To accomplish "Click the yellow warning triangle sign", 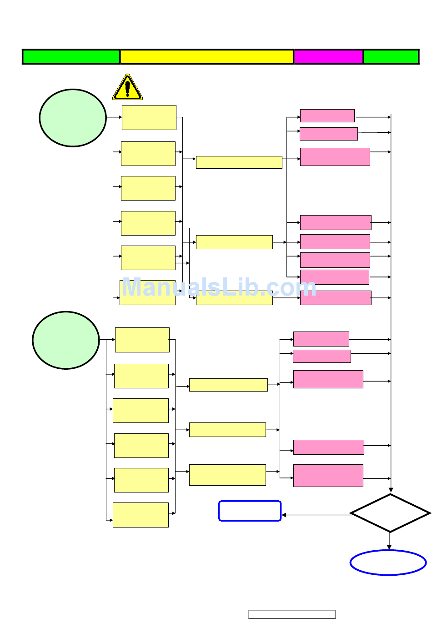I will pos(127,87).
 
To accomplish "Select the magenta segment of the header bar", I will pos(328,57).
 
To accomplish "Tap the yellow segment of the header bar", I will pos(206,57).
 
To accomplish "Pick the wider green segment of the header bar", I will pos(71,57).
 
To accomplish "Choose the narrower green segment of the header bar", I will pos(391,57).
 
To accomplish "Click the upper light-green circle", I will pos(73,118).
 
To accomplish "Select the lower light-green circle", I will pos(66,340).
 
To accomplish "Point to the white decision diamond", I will pos(390,513).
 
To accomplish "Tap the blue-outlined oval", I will pos(388,563).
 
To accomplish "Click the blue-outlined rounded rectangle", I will pos(250,511).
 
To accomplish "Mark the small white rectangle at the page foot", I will pos(291,614).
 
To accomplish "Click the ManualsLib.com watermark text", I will pos(218,287).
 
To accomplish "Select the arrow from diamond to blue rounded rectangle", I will pos(316,515).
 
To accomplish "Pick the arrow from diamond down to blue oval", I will pos(389,541).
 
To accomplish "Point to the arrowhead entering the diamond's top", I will pos(391,490).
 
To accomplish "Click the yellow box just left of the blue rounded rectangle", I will pos(141,515).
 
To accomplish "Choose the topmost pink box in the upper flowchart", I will pos(327,116).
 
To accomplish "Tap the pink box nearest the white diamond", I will pos(328,476).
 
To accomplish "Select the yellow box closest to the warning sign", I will pos(149,118).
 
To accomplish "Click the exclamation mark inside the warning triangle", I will pos(127,88).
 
